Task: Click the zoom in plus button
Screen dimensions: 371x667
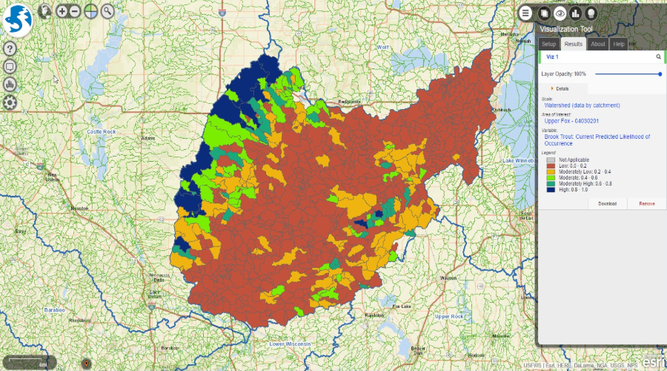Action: click(62, 11)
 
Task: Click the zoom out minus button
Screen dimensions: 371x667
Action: click(76, 11)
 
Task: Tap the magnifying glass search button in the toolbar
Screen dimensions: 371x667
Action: click(108, 11)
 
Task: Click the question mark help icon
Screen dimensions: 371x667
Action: click(10, 48)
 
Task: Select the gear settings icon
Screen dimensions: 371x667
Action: click(10, 102)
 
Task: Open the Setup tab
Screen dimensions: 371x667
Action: click(548, 44)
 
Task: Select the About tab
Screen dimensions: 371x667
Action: click(597, 44)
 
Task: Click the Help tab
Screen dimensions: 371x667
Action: click(618, 44)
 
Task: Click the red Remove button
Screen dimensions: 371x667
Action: click(646, 203)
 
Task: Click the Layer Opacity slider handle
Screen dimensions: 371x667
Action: click(660, 74)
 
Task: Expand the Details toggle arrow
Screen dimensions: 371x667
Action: click(552, 88)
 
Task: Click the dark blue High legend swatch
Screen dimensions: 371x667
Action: click(550, 189)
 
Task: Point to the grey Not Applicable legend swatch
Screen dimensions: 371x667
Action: click(550, 160)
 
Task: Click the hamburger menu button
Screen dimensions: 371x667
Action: click(525, 13)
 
